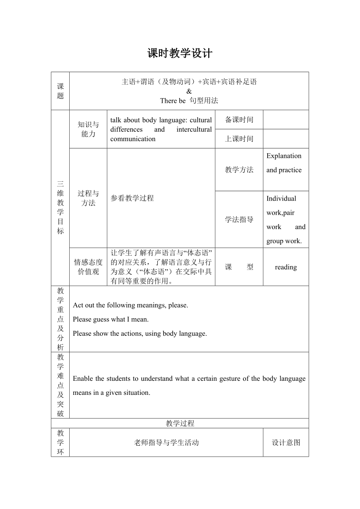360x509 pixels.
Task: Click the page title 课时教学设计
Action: tap(180, 54)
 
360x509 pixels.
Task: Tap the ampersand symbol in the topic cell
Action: tap(189, 91)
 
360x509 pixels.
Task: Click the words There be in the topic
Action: tap(173, 100)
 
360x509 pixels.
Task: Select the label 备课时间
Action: tap(239, 120)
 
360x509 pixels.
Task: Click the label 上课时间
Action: tap(239, 139)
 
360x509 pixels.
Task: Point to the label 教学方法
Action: tap(239, 170)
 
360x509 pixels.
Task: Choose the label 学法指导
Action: tap(239, 219)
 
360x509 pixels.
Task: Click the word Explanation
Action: tap(284, 156)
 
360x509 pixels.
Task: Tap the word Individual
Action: tap(281, 198)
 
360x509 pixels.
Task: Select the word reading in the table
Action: tap(286, 267)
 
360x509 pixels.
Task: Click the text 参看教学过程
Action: tap(132, 198)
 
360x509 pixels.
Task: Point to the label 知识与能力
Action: tap(88, 129)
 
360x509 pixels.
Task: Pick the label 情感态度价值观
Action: tap(88, 267)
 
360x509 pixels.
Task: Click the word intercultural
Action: tap(194, 129)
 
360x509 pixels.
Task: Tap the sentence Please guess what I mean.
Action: tap(111, 319)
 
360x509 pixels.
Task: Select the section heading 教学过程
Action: tap(180, 423)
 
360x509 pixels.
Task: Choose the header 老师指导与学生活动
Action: tap(166, 443)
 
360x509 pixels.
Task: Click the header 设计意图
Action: tap(286, 443)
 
